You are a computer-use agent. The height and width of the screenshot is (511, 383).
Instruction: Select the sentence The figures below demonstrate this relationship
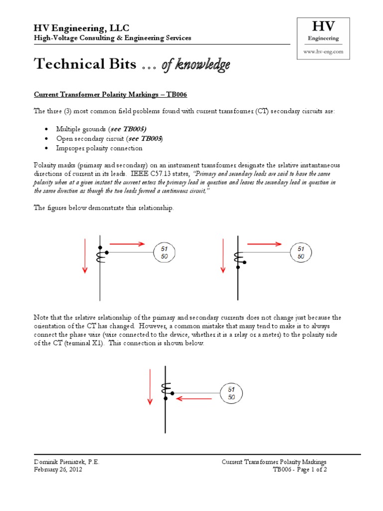(104, 208)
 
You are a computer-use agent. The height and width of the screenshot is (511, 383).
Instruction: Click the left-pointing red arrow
(194, 399)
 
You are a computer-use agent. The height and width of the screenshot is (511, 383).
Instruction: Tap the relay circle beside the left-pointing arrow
(231, 393)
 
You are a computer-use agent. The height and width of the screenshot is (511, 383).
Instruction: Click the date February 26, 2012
(58, 470)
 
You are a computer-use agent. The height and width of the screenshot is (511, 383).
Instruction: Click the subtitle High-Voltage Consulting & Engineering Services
(112, 38)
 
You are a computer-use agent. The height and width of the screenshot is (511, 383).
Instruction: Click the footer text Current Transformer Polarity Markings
(274, 462)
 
